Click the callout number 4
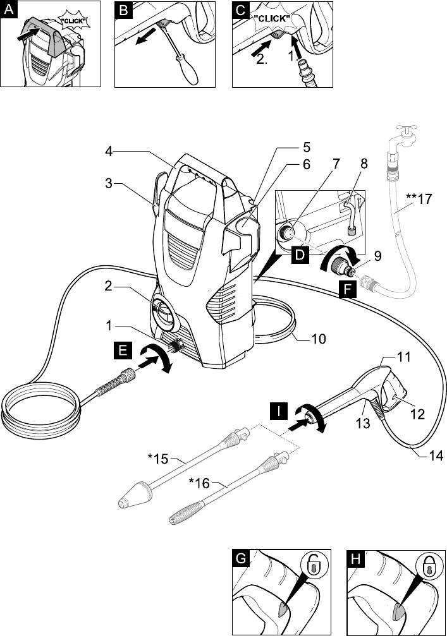point(109,151)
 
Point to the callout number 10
point(319,339)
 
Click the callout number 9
point(377,257)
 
